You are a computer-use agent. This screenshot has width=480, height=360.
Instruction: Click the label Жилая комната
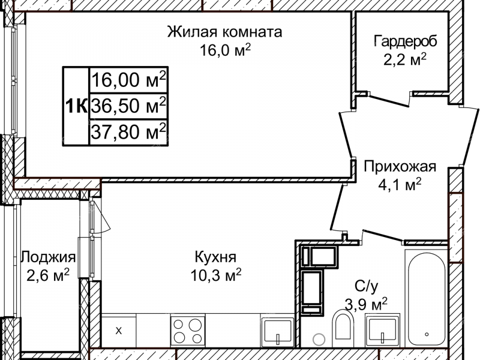[224, 32]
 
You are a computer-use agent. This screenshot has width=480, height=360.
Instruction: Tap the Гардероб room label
[405, 41]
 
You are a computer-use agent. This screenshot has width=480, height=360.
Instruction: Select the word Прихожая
[398, 166]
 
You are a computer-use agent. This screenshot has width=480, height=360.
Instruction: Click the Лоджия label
[48, 257]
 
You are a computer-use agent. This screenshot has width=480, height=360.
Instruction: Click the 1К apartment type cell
[76, 106]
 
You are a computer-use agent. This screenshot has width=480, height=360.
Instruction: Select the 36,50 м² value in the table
[128, 106]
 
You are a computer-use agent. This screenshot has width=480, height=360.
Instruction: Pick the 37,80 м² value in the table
[128, 132]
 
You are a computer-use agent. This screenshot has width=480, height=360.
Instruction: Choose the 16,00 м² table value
[128, 80]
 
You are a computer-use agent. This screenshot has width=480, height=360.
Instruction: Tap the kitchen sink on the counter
[277, 331]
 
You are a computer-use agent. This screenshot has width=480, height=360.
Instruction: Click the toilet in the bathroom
[343, 328]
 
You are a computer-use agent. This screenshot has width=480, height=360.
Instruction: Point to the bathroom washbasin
[384, 331]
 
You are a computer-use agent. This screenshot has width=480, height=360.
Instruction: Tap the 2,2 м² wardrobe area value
[405, 60]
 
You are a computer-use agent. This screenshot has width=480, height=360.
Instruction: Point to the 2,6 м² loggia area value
[48, 275]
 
